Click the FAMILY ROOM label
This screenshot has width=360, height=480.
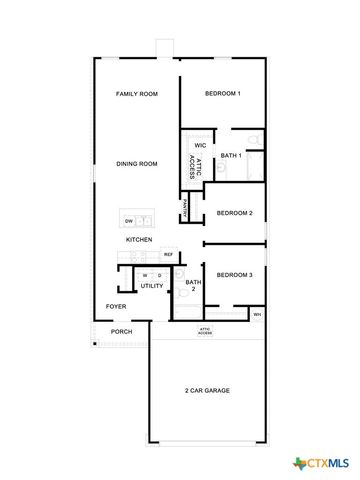[x=136, y=94]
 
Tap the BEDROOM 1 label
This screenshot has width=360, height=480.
[x=222, y=94]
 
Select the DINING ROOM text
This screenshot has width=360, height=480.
[x=136, y=164]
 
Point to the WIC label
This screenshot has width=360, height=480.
[x=200, y=145]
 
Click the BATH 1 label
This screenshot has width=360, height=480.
[x=231, y=156]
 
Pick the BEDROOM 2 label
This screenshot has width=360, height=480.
[x=234, y=213]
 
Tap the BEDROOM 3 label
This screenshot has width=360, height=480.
[x=234, y=274]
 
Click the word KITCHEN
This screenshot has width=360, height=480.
[x=138, y=240]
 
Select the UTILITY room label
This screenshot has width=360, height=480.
[x=152, y=286]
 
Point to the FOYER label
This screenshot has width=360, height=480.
[x=116, y=306]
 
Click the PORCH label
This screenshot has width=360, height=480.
[x=121, y=331]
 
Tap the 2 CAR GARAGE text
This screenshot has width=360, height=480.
[x=206, y=390]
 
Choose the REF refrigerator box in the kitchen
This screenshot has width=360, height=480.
[x=168, y=255]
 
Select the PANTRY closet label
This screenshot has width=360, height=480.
[x=186, y=210]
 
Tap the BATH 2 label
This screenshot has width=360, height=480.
[x=191, y=286]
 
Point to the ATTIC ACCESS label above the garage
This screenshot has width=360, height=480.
[x=204, y=330]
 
